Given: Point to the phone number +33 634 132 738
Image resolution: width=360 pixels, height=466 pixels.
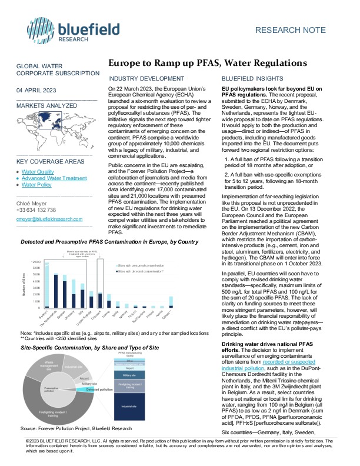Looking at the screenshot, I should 36,210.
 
